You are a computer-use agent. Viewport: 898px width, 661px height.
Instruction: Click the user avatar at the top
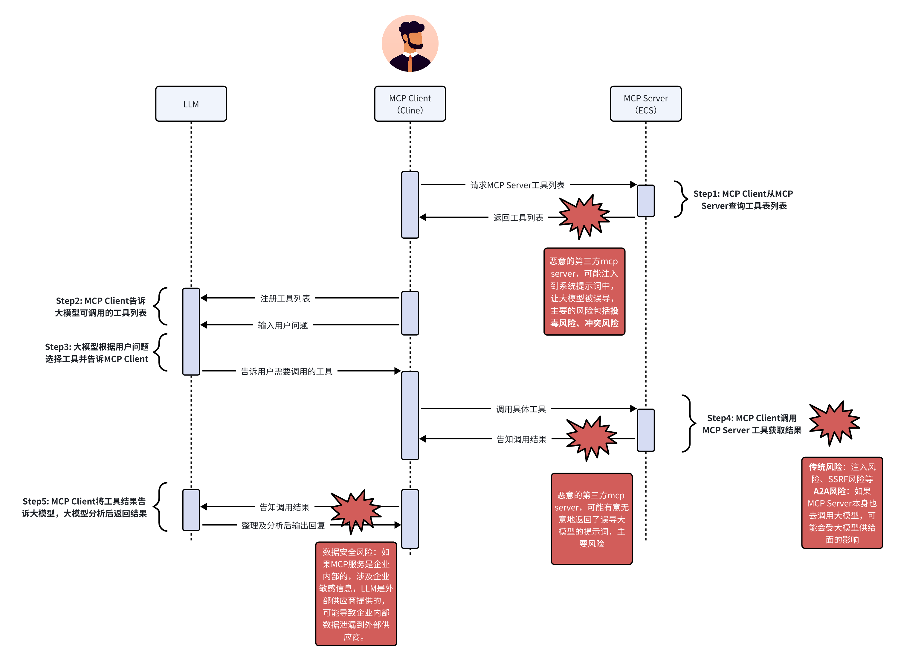[x=410, y=43]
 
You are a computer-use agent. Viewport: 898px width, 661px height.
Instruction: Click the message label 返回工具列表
[x=518, y=218]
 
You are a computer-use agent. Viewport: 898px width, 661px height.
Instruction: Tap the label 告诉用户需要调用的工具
[x=286, y=371]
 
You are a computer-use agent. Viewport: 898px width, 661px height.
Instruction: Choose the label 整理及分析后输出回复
[x=283, y=525]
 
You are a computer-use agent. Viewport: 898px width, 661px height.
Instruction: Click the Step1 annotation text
[x=743, y=200]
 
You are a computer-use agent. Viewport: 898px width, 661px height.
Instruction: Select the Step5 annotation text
[x=84, y=507]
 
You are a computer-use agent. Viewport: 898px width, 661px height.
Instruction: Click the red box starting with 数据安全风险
[x=355, y=593]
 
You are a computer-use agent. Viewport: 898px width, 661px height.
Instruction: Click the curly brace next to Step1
[x=680, y=199]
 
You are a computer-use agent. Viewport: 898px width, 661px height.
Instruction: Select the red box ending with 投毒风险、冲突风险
[x=584, y=291]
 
